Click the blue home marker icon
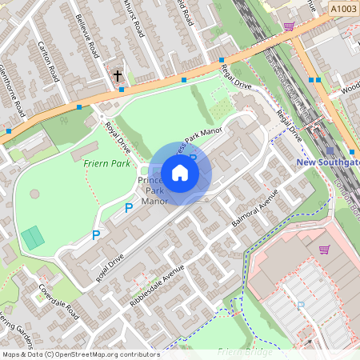[180, 172]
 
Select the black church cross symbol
[118, 77]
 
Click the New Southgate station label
[327, 162]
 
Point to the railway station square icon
[330, 150]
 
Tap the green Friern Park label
[106, 163]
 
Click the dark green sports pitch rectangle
[33, 238]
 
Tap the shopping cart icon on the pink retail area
[324, 250]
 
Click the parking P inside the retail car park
[301, 305]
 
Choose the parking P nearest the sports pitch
[95, 235]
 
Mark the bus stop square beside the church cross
[122, 89]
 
